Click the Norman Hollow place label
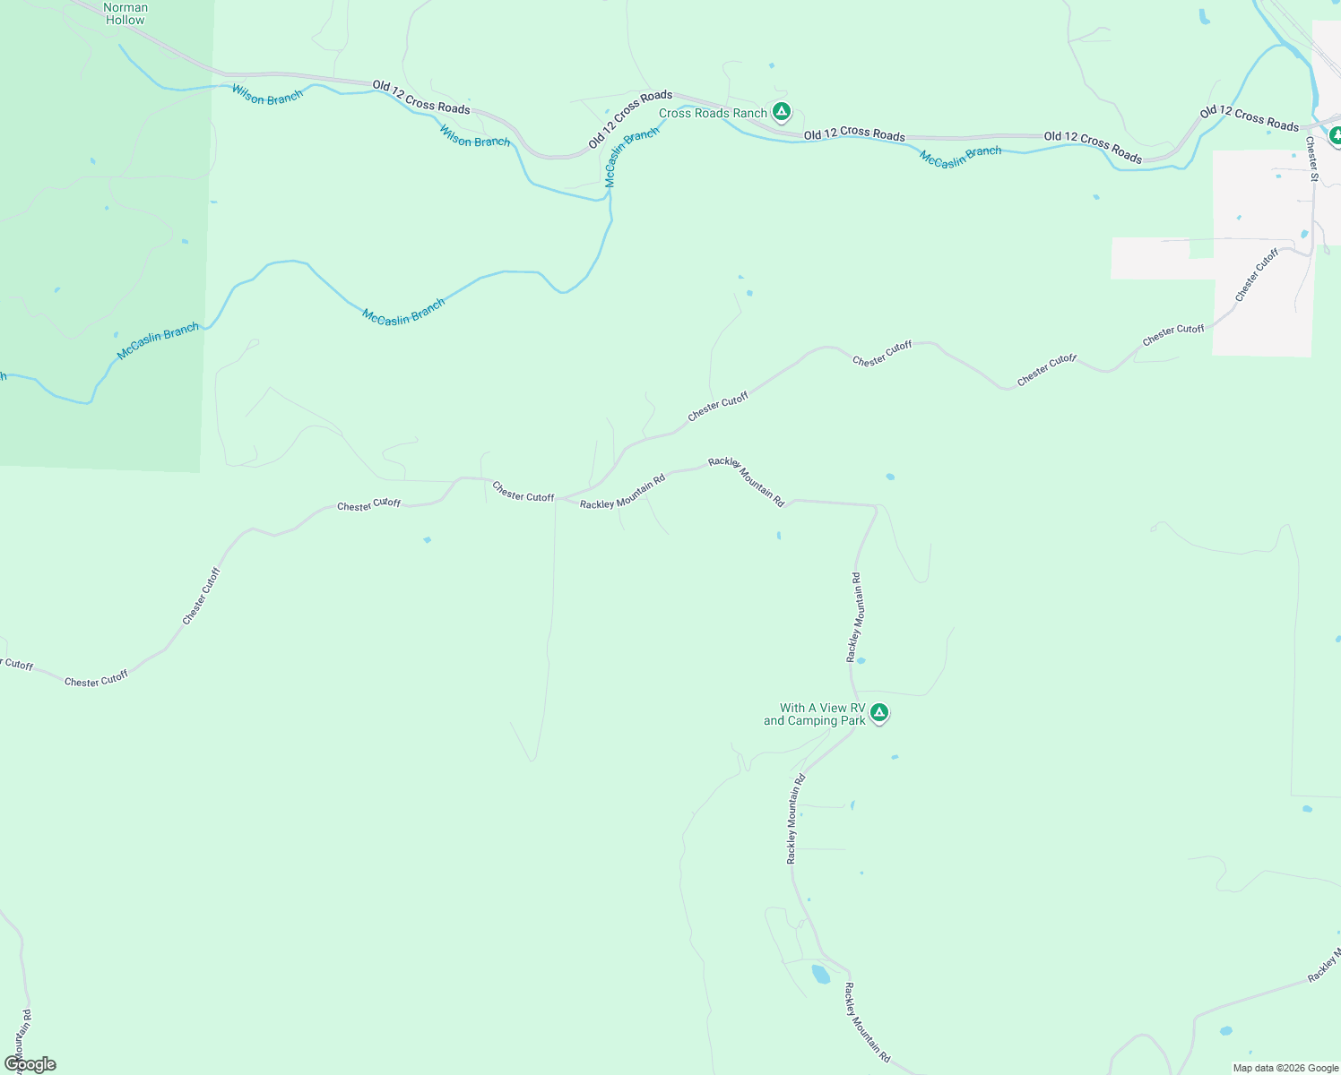(x=125, y=13)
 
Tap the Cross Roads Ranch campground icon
(x=782, y=112)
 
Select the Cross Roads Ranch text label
(x=713, y=113)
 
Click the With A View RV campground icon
(x=879, y=713)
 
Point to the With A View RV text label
(x=815, y=714)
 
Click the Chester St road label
(x=1311, y=159)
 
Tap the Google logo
(x=30, y=1064)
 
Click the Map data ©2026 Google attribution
(x=1285, y=1068)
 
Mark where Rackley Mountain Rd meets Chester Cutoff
(x=559, y=498)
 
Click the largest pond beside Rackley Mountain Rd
(x=820, y=974)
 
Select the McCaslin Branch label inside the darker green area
(x=158, y=342)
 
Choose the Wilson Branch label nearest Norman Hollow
(x=267, y=94)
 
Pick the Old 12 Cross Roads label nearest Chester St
(x=1249, y=118)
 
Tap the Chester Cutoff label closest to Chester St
(x=1256, y=275)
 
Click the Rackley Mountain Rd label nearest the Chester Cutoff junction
(x=622, y=492)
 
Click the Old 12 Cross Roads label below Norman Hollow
(x=421, y=97)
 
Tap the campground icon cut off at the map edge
(x=1335, y=135)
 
